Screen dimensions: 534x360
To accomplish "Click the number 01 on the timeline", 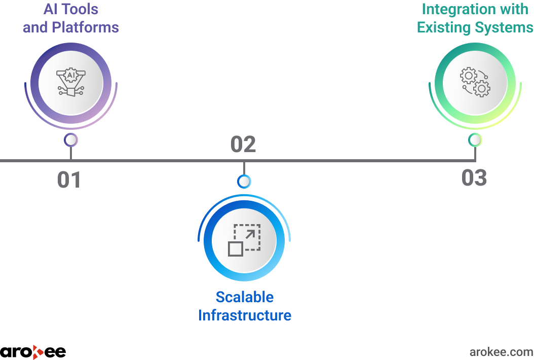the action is pos(69,179).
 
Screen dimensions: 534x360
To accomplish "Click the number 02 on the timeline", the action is pos(243,144).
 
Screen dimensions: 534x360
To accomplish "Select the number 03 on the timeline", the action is pos(474,177).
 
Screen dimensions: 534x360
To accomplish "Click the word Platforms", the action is pos(85,27).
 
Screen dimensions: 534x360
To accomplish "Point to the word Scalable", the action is pos(245,297).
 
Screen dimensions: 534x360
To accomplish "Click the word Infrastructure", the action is pos(245,315).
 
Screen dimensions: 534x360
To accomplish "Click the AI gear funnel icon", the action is pos(71,83).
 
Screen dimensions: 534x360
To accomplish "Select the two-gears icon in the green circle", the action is pos(475,82).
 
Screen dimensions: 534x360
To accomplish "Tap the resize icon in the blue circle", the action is pos(244,240).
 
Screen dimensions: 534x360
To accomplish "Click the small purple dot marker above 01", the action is pos(71,140).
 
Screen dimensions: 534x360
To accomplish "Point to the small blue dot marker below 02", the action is pos(244,182).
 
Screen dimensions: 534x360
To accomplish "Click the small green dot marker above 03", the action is pos(475,140).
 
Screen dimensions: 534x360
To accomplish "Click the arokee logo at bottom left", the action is pos(33,352).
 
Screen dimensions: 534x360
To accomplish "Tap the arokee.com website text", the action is pos(501,352).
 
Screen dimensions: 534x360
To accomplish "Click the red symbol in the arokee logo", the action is pos(37,352).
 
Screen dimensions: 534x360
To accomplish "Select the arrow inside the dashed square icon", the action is pos(250,235).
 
